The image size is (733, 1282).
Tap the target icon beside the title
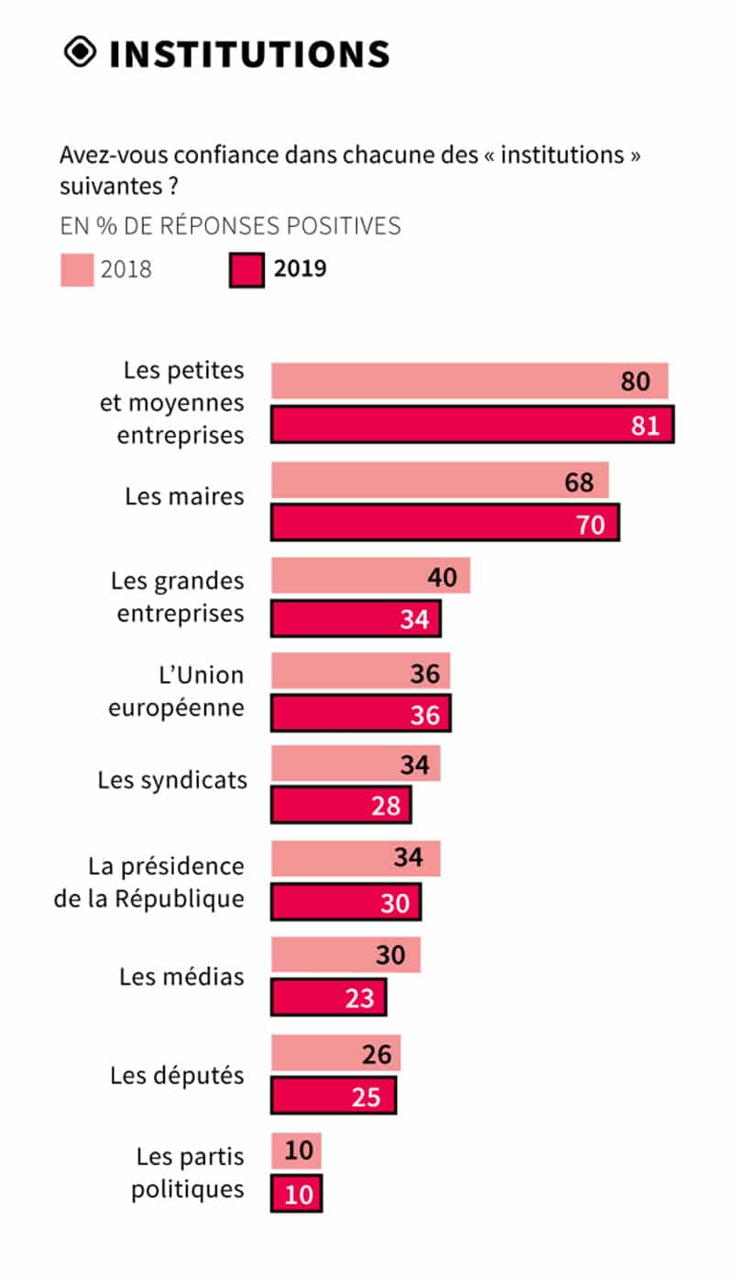[x=81, y=52]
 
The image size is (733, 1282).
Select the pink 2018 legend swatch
[x=77, y=270]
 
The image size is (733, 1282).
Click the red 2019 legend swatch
[x=246, y=270]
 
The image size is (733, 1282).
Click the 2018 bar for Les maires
[x=440, y=481]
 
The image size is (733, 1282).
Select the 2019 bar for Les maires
[x=444, y=522]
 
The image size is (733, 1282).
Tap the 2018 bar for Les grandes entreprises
[x=370, y=576]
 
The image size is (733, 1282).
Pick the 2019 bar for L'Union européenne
[x=360, y=713]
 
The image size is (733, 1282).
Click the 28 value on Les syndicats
[x=387, y=805]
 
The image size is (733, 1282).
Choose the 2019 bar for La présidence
[x=345, y=901]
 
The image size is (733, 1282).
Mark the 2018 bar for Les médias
[x=345, y=955]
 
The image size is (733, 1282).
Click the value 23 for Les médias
[x=360, y=997]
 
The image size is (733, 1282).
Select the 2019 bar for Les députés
[x=334, y=1095]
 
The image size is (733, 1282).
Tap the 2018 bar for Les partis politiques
[x=296, y=1150]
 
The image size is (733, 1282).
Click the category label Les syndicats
[x=172, y=780]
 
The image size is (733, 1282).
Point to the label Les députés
[x=177, y=1074]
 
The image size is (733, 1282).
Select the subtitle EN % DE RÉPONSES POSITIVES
[x=230, y=225]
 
